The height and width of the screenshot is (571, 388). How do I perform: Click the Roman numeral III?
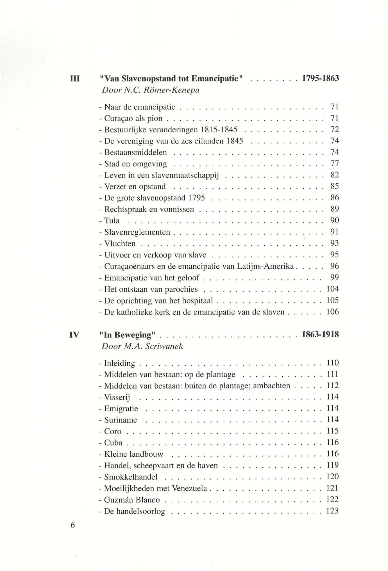(75, 78)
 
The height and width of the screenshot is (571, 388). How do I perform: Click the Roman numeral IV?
(74, 335)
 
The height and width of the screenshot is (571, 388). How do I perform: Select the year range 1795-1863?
(320, 78)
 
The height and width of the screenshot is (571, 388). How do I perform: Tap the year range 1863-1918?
(320, 335)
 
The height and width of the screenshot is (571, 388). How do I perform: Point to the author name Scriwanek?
(164, 346)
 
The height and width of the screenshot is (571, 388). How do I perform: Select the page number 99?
(335, 278)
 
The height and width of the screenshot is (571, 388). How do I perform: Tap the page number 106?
(332, 312)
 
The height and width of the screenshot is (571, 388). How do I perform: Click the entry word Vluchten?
(120, 243)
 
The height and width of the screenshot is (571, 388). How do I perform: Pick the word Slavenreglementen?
(137, 232)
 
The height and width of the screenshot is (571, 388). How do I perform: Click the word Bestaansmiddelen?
(135, 152)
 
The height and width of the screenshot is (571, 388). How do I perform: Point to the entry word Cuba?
(113, 443)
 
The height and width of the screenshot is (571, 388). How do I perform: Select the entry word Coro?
(113, 431)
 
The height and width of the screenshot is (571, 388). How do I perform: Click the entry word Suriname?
(121, 420)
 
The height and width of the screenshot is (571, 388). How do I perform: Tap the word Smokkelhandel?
(131, 477)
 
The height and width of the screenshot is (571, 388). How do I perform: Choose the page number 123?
(332, 511)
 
